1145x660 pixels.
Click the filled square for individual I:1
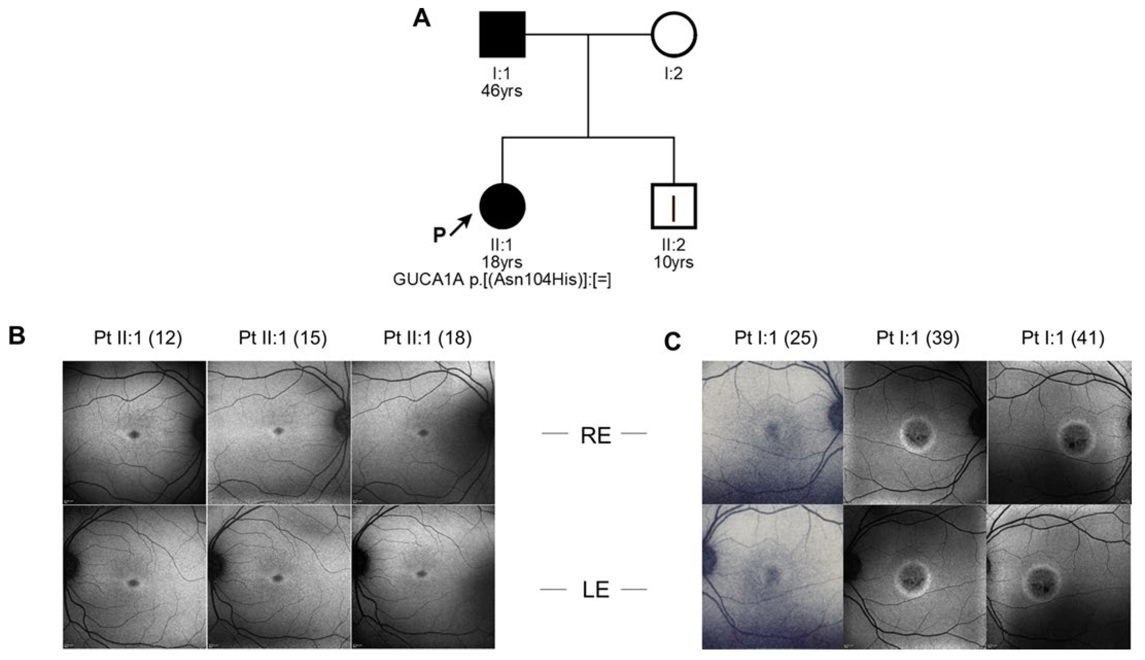502,34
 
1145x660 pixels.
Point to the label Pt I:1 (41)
1063,338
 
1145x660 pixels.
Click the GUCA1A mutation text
502,280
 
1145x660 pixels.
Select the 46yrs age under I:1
502,91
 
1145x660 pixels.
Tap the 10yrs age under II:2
674,262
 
